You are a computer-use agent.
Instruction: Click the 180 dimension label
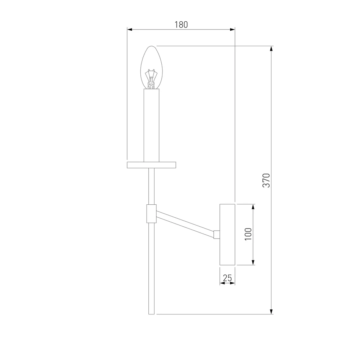coord(181,25)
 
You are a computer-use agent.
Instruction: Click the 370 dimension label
coord(266,180)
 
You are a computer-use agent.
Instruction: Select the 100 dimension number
coord(248,234)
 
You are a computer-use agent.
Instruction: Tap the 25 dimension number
coord(227,278)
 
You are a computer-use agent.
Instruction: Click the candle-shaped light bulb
coord(152,68)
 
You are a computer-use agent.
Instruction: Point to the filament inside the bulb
coord(151,79)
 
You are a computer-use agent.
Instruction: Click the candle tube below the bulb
coord(152,126)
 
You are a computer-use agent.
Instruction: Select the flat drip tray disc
coord(152,165)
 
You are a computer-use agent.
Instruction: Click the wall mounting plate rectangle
coord(227,235)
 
